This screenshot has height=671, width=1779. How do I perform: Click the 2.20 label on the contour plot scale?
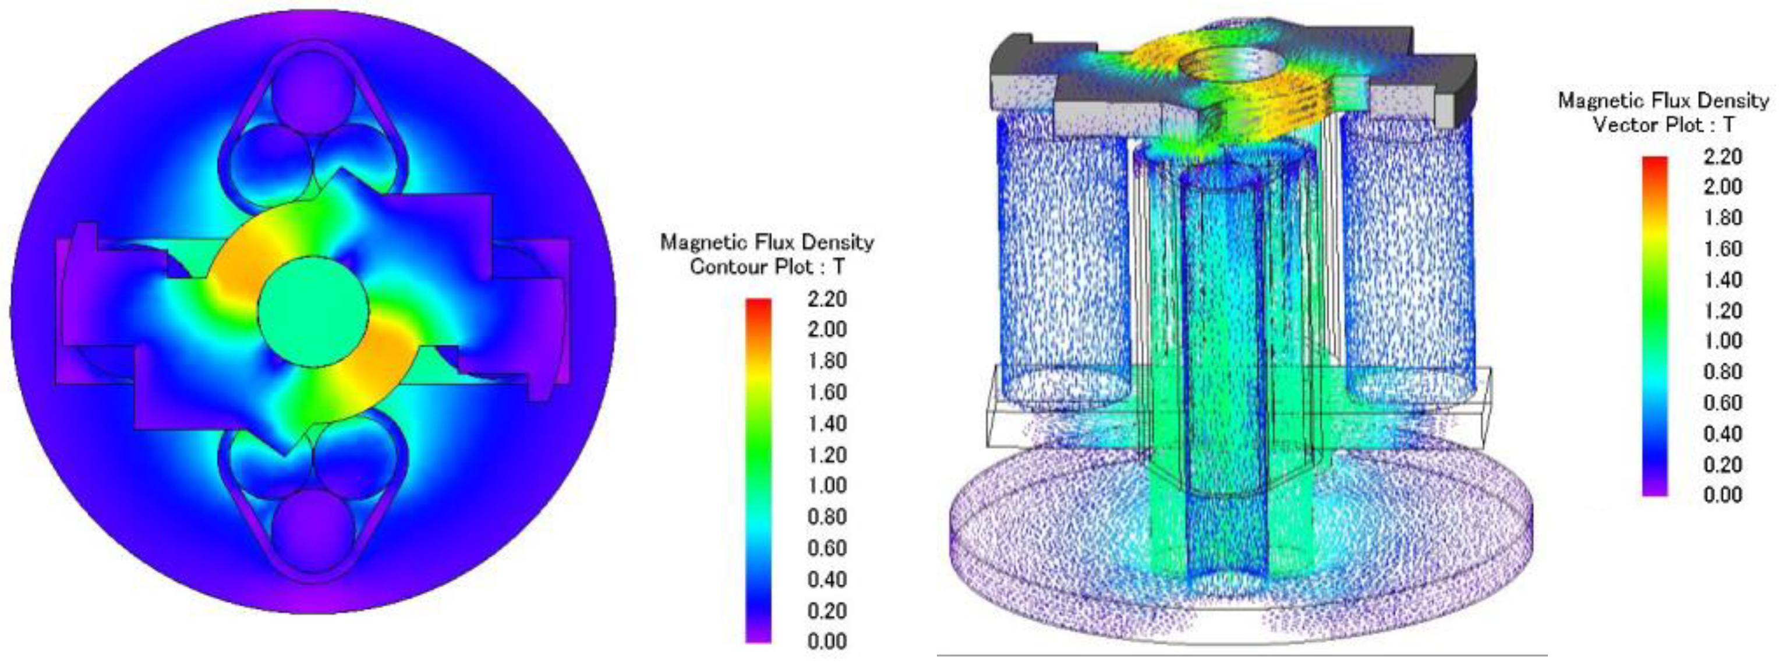tap(827, 299)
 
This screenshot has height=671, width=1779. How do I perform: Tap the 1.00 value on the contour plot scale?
tap(827, 485)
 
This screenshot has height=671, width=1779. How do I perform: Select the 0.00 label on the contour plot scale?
tap(827, 641)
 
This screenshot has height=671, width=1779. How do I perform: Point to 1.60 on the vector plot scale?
tap(1723, 248)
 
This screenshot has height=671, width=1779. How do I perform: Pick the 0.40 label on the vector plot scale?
tap(1723, 434)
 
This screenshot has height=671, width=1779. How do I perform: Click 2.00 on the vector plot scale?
tap(1723, 187)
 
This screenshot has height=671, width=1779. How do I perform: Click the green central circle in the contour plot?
tap(313, 311)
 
